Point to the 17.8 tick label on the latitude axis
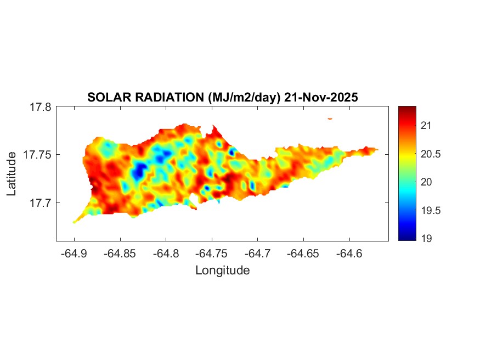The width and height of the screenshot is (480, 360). (40, 107)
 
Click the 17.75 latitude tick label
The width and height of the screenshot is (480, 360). (37, 155)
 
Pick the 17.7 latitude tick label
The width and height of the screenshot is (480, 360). (40, 203)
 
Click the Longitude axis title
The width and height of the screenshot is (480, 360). (222, 270)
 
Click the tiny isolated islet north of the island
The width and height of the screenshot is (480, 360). (330, 118)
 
